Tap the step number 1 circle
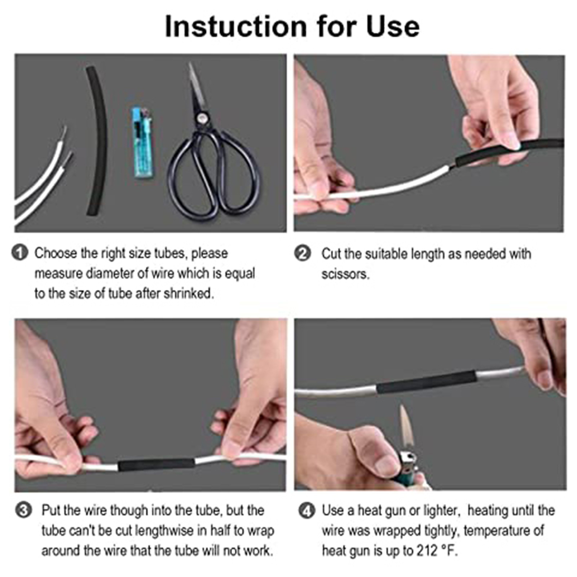click(x=20, y=252)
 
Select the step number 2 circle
click(x=302, y=253)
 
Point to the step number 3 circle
click(x=24, y=511)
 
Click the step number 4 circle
click(x=307, y=511)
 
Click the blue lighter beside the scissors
click(x=143, y=143)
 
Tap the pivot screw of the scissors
click(x=201, y=117)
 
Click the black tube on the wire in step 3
click(x=156, y=465)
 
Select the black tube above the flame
click(x=427, y=382)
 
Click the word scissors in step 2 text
click(x=345, y=274)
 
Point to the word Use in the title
click(x=393, y=26)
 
